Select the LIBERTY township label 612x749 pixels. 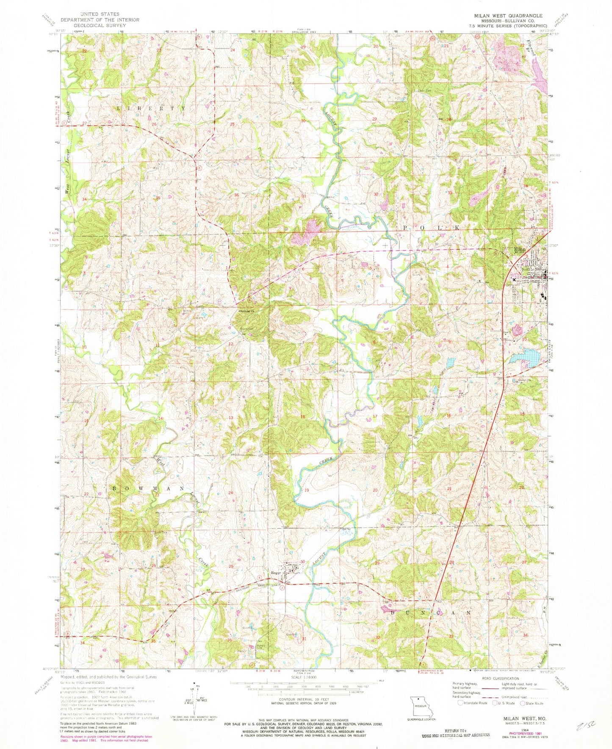[x=151, y=108]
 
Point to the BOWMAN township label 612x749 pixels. [x=148, y=488]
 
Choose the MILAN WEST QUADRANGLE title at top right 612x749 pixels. [x=502, y=16]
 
